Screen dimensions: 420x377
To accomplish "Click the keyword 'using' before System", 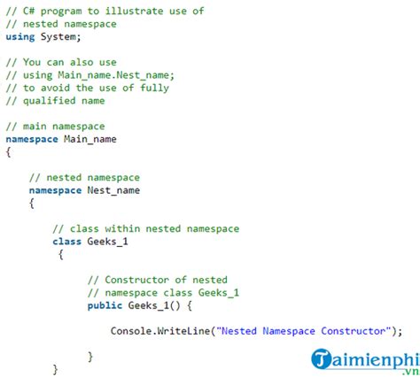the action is coord(20,37).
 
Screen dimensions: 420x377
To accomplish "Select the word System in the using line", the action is coord(58,36).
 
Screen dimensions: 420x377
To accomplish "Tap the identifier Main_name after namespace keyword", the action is coord(90,139).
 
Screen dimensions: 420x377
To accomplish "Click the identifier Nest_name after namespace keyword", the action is coord(113,190).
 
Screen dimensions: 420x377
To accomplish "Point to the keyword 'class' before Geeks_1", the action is coord(66,242).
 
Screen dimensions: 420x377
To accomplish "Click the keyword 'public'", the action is coord(105,305).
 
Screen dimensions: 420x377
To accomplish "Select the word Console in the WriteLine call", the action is coord(131,331).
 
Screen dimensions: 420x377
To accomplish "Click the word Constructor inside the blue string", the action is coord(354,331).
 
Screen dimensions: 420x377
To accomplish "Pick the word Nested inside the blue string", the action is coord(239,331).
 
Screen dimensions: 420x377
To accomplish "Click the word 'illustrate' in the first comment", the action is coord(134,12).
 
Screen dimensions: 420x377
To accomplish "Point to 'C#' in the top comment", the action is coord(29,12).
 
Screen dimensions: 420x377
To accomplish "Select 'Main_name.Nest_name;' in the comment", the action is coord(116,75).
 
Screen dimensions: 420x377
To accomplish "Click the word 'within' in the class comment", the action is coord(122,228).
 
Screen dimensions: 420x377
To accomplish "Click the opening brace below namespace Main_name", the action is coord(9,152).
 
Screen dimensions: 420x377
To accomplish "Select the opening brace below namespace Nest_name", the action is coord(32,204).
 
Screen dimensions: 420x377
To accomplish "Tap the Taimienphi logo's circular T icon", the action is coord(321,358).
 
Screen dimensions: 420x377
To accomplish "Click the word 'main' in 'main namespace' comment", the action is coord(35,127).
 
